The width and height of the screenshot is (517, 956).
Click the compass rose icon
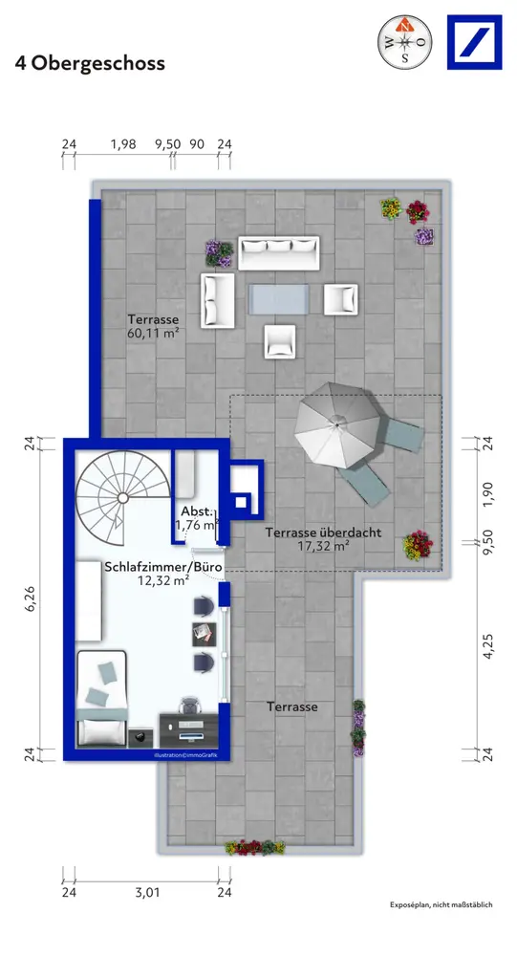(405, 42)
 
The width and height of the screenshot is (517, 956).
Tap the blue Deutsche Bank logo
(474, 42)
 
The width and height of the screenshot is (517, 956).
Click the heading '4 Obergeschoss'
(90, 63)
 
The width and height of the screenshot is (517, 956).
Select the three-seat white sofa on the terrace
(279, 252)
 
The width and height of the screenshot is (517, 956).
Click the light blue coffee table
(279, 299)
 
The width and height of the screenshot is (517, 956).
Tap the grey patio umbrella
(336, 425)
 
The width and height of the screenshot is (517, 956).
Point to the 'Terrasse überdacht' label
(323, 532)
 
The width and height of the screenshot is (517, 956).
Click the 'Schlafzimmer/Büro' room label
(162, 566)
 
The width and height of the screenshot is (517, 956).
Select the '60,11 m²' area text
(153, 333)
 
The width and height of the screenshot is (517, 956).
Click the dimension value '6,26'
(31, 598)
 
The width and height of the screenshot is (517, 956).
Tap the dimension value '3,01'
(147, 892)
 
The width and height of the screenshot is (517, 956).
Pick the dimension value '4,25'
(487, 645)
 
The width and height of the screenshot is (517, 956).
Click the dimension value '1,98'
(122, 144)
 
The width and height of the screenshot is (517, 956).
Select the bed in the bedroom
(101, 699)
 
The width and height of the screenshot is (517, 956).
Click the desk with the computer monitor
(188, 729)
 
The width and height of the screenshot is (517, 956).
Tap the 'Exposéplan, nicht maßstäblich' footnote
(441, 904)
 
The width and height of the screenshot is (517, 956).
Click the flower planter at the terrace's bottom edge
(255, 847)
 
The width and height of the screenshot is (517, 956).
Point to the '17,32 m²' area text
(323, 546)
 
